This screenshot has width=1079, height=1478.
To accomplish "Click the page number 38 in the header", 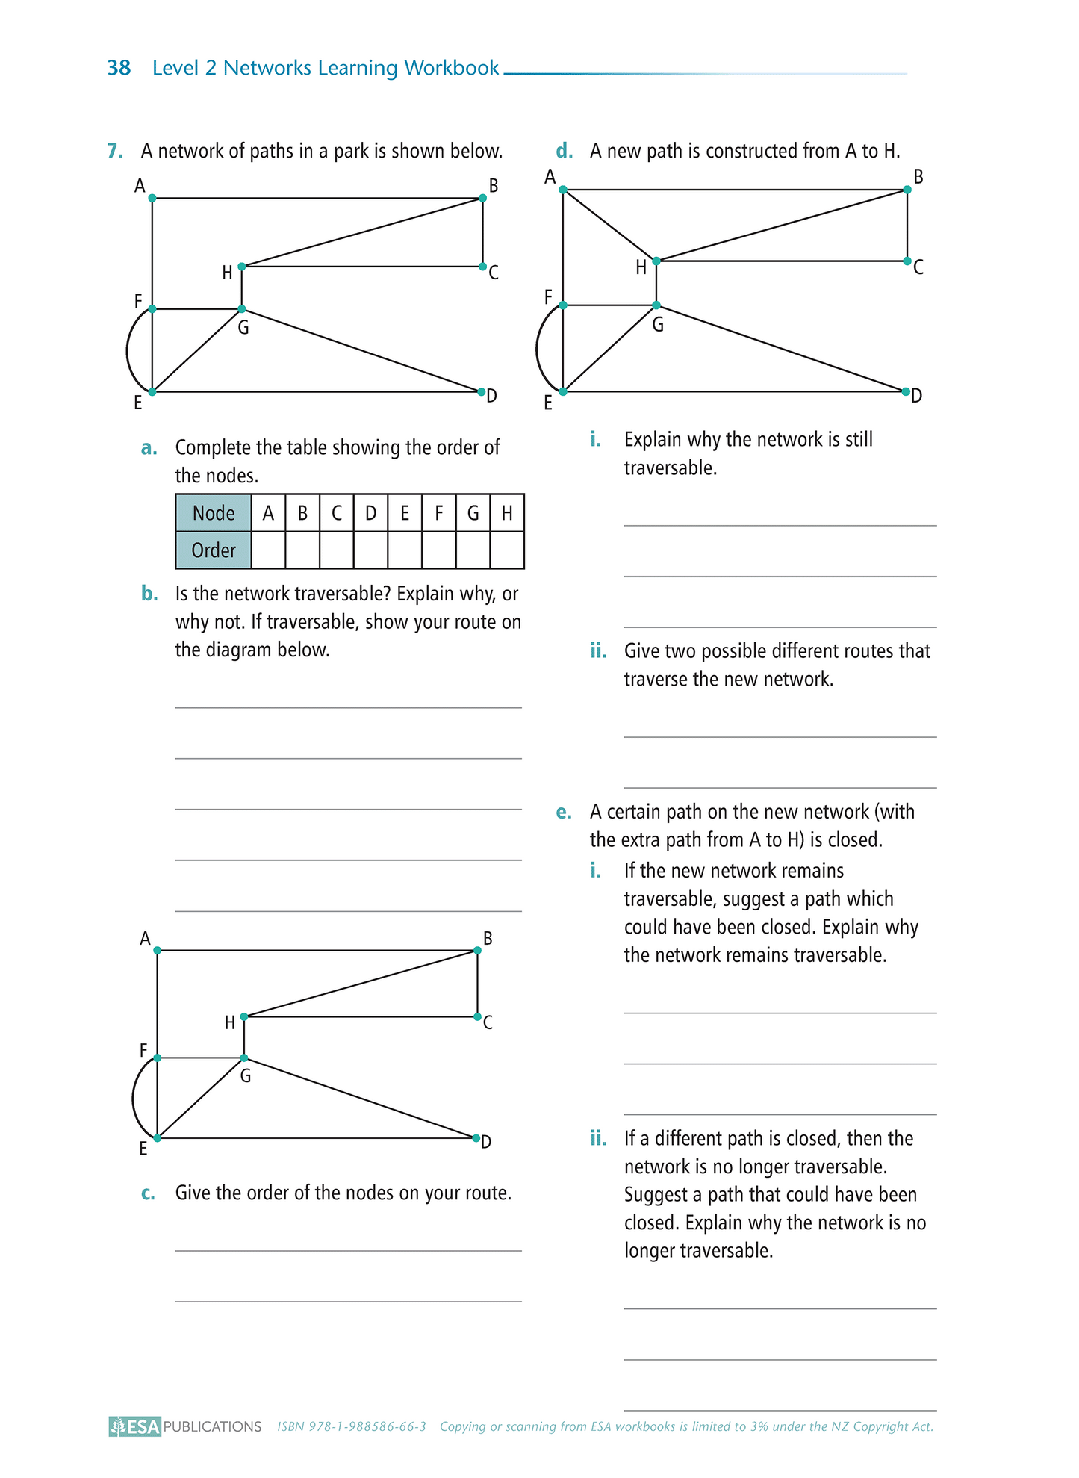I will [x=119, y=68].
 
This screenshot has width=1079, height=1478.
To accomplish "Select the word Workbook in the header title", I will [x=451, y=68].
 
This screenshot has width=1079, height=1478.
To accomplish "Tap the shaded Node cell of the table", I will [x=214, y=513].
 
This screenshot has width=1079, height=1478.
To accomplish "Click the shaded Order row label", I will [x=214, y=550].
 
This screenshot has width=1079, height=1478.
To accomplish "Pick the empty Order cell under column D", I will [x=370, y=550].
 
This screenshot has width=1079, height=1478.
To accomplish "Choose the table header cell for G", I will [x=473, y=513].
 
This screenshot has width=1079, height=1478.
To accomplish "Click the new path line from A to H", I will [x=609, y=225].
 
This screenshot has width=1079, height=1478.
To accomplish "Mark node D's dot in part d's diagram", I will [x=906, y=391].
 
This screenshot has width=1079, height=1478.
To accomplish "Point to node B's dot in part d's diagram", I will [x=907, y=190].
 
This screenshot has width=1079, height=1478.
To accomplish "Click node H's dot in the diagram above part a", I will [x=242, y=267].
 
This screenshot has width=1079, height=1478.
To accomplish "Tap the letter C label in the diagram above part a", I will [x=494, y=273].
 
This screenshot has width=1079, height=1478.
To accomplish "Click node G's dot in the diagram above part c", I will [x=244, y=1058].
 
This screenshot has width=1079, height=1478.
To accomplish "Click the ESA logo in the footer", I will [x=135, y=1426].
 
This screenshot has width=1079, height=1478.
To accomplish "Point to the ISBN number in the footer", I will [x=352, y=1426].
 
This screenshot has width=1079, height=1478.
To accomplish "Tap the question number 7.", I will [x=115, y=151].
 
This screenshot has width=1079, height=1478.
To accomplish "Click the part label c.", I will [x=148, y=1193].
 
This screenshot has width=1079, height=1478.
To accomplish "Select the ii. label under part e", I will [x=598, y=1138].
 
